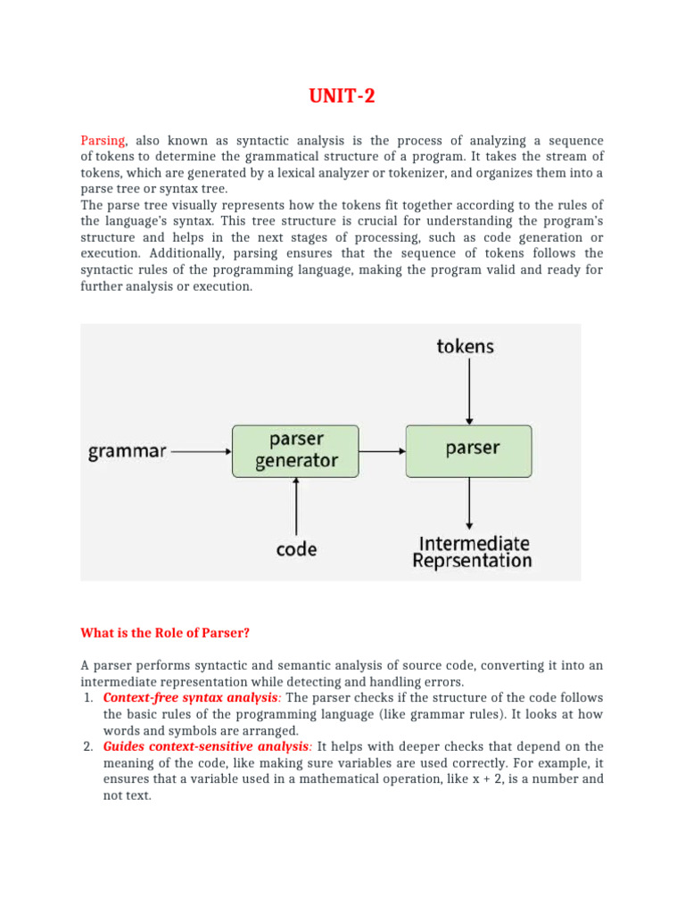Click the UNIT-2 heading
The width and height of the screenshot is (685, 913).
[x=342, y=95]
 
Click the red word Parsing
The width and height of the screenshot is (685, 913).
[x=103, y=141]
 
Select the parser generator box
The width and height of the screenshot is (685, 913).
[x=296, y=450]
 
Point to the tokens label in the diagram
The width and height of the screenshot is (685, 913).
[x=466, y=346]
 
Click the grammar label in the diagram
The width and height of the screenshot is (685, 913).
[x=128, y=451]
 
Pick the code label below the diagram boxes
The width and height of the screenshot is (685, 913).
[x=296, y=549]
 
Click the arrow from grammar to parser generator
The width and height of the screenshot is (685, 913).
[x=201, y=451]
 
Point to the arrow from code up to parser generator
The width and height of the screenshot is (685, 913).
[x=296, y=506]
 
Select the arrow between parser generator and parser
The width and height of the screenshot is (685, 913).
[x=383, y=451]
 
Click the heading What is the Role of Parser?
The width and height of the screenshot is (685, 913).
[x=165, y=634]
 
